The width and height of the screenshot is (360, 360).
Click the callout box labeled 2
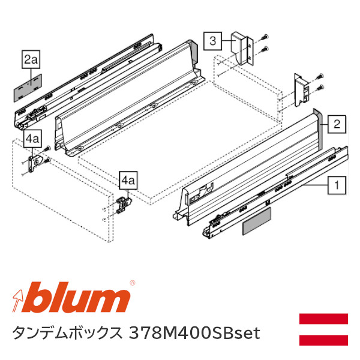tap(337, 125)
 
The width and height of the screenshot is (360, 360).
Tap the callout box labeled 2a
tap(31, 59)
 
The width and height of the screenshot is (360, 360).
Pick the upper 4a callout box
tap(32, 139)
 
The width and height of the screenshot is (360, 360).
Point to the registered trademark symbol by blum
tap(133, 281)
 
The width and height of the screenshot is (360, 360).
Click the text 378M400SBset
tap(195, 333)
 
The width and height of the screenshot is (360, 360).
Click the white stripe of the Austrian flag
tap(323, 329)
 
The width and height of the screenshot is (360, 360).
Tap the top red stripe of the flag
tap(323, 319)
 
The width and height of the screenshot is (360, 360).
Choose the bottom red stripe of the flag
tap(323, 340)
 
